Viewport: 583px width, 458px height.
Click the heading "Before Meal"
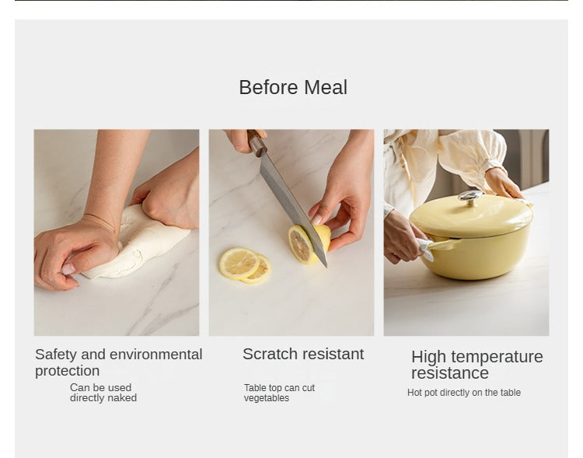coord(293,87)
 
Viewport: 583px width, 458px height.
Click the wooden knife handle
coord(257,143)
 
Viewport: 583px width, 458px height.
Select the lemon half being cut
coord(309,243)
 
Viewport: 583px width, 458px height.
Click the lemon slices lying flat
coord(245,265)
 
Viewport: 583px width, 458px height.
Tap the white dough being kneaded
coord(138,243)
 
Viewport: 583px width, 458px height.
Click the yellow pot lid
coord(471,217)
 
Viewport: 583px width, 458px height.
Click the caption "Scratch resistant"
coord(303,354)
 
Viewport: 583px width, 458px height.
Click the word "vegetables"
coord(266,398)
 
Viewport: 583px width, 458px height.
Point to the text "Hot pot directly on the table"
coord(463,393)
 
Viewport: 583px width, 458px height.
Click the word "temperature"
coord(496,357)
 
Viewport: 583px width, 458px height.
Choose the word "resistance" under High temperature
coord(450,372)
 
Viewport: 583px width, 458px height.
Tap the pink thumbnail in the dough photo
coord(68,268)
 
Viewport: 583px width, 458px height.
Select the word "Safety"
coord(56,355)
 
